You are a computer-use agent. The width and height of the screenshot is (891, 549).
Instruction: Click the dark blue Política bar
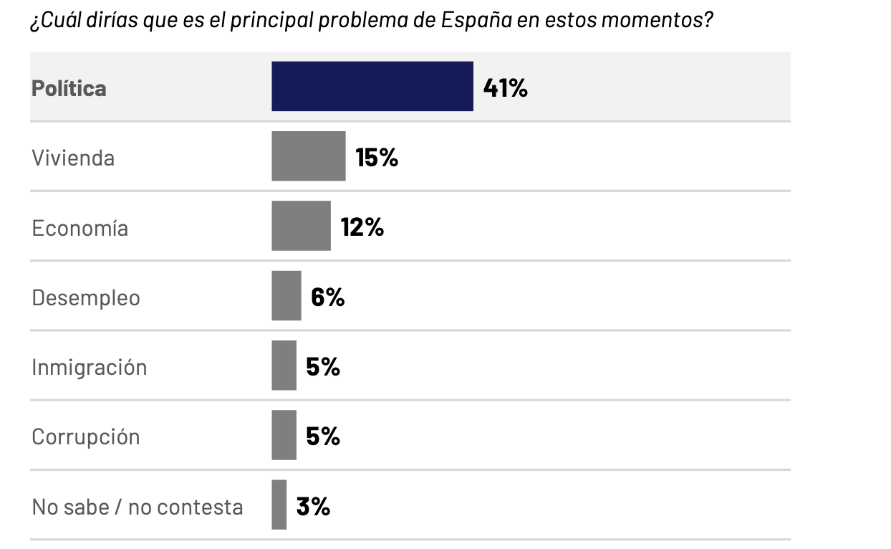tap(372, 87)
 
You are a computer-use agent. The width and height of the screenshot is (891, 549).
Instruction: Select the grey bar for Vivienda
tap(308, 156)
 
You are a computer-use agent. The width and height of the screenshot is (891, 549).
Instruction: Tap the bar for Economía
tap(301, 226)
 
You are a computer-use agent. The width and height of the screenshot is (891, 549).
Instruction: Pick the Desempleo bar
tap(286, 296)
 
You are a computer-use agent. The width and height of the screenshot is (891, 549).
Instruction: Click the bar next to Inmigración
tap(284, 366)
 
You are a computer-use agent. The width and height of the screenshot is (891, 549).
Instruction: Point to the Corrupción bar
tap(284, 435)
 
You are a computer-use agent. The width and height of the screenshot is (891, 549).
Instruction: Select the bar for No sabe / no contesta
tap(279, 505)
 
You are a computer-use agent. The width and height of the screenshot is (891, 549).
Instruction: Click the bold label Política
tap(69, 88)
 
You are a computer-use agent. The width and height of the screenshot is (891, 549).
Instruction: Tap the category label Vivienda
tap(73, 158)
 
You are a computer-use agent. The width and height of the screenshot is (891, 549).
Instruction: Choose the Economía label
tap(80, 228)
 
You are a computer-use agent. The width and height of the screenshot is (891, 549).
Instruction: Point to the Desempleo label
tap(86, 297)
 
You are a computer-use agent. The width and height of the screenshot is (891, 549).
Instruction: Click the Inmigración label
tap(89, 368)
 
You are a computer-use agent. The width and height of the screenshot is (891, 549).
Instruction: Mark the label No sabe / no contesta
tap(138, 507)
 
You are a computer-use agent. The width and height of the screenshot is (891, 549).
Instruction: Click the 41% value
tap(506, 87)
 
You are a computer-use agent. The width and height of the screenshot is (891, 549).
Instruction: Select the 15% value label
tap(377, 157)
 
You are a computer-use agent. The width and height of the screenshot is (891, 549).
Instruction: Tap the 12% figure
tap(362, 227)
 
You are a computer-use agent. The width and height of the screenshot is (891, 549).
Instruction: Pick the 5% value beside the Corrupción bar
tap(323, 436)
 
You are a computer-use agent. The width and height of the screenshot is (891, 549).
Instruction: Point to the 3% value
tap(313, 506)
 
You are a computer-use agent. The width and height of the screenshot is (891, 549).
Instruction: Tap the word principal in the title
tap(274, 19)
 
